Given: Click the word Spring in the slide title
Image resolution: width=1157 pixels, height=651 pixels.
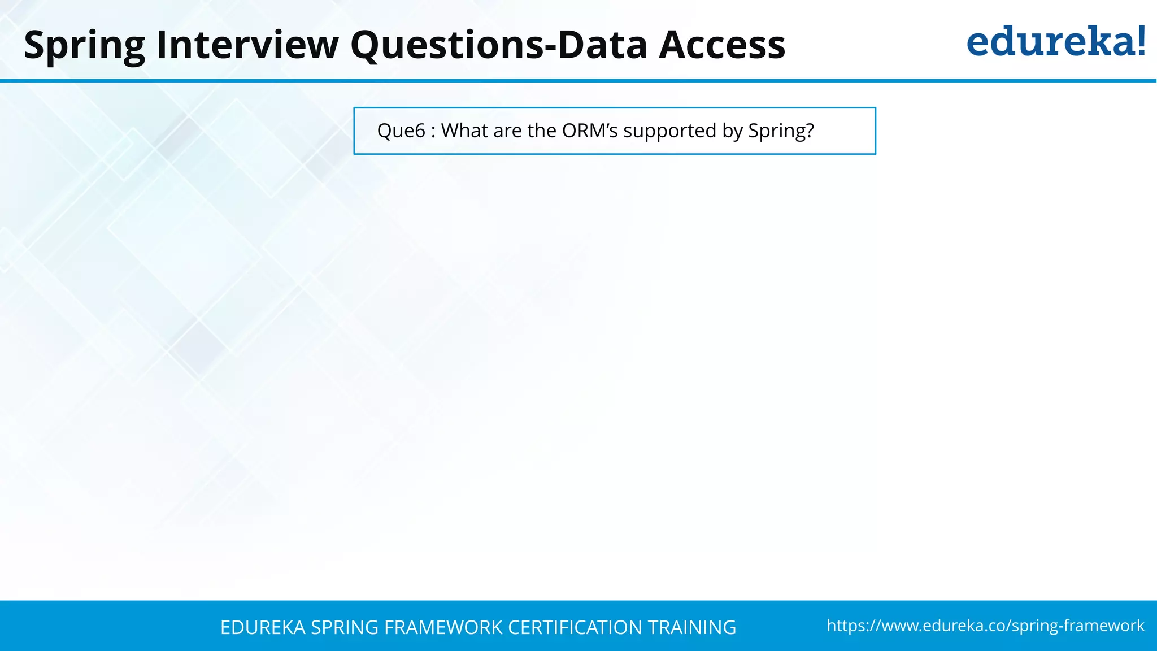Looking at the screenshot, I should click(85, 45).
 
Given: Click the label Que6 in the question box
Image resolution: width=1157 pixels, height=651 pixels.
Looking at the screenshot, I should click(401, 131).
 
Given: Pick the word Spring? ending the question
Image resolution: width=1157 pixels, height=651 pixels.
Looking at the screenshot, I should click(781, 132).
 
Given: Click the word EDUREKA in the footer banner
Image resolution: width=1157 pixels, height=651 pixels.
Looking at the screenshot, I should click(263, 627).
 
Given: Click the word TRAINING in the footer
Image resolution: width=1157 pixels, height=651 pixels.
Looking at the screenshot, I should click(691, 627).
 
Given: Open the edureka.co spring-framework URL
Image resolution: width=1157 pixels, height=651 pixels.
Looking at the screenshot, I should click(985, 626).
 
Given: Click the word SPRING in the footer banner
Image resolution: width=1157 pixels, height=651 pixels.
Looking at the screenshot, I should click(345, 627).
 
